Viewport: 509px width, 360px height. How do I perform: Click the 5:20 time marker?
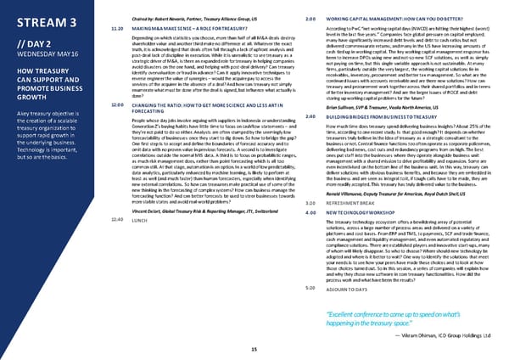click(310, 289)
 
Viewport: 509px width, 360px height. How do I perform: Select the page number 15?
click(255, 350)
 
